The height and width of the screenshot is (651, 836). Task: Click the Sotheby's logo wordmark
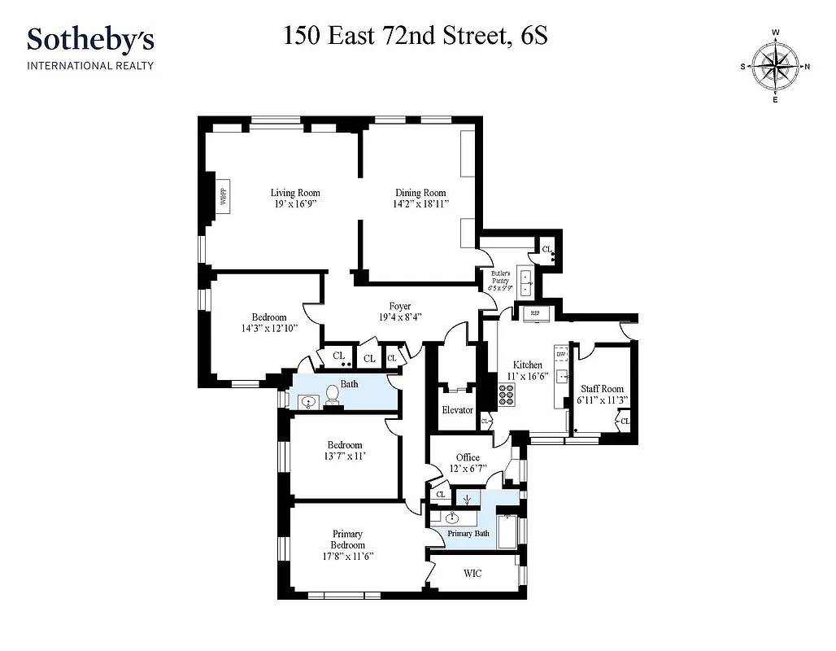click(x=90, y=40)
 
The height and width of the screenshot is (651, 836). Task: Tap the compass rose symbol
click(x=774, y=67)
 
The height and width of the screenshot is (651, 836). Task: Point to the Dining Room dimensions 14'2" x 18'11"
click(x=420, y=204)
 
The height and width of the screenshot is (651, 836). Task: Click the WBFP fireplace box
click(x=222, y=196)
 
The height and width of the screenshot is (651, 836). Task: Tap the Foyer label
click(x=399, y=307)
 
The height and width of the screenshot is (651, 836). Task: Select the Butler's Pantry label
click(x=499, y=273)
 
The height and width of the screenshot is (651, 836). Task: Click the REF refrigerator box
click(x=535, y=312)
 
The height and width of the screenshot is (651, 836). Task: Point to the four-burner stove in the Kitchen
click(x=506, y=394)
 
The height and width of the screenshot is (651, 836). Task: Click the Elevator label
click(x=457, y=410)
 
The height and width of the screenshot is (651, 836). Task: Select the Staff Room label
click(x=602, y=389)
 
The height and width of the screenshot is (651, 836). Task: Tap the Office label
click(x=468, y=457)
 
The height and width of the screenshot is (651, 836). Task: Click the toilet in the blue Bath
click(x=332, y=395)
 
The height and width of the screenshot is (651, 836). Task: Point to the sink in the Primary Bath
click(x=452, y=518)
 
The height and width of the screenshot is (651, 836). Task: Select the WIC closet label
click(x=472, y=574)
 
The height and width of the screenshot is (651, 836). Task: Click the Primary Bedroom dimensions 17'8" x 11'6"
click(x=347, y=557)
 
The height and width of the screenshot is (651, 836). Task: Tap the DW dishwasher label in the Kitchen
click(x=560, y=355)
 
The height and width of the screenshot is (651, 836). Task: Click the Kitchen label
click(x=527, y=365)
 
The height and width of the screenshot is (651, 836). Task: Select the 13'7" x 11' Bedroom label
click(x=345, y=445)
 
